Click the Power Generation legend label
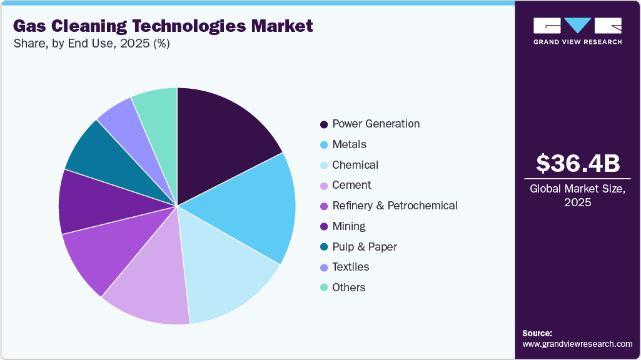point(376,124)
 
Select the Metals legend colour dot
point(323,144)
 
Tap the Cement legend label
point(351,185)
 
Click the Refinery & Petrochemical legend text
point(395,206)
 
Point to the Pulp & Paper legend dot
point(323,247)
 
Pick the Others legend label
point(349,287)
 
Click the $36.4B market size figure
point(578,163)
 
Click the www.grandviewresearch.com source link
point(577,344)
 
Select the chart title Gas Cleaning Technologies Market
point(163,26)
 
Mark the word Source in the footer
point(537,333)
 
